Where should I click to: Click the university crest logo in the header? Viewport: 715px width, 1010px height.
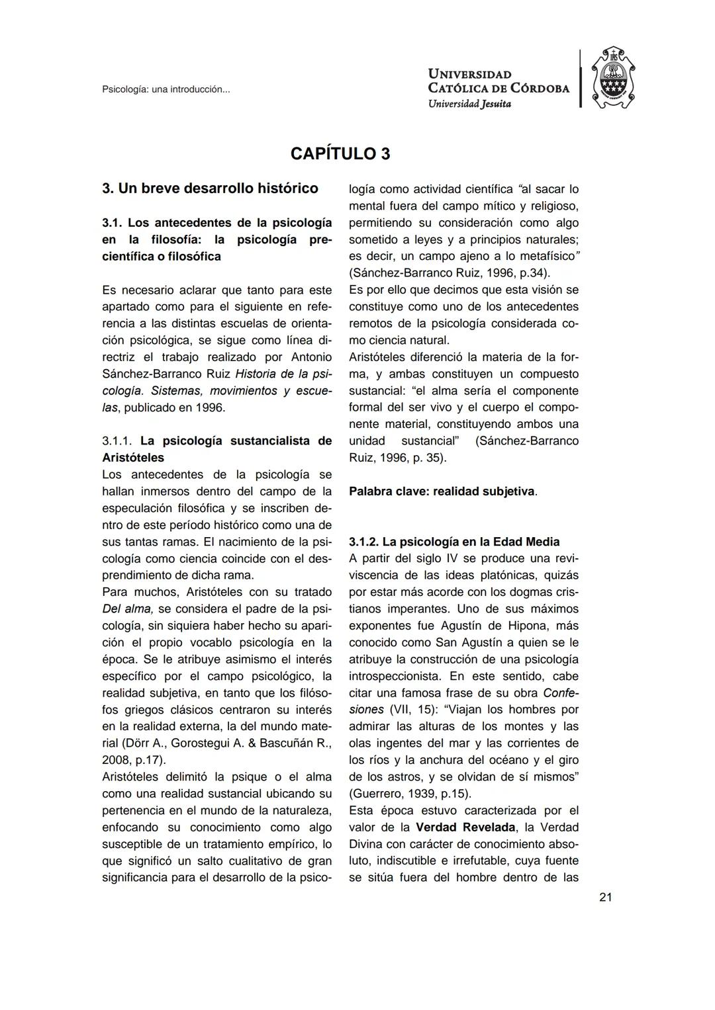pyautogui.click(x=612, y=79)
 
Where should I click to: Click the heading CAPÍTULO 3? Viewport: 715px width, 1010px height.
pyautogui.click(x=340, y=154)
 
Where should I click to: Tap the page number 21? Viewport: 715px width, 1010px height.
pyautogui.click(x=605, y=898)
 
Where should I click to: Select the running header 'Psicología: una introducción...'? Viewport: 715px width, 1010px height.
pyautogui.click(x=166, y=89)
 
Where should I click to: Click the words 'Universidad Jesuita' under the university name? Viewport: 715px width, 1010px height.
pyautogui.click(x=469, y=103)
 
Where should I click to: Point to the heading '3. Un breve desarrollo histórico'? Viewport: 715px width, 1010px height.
pyautogui.click(x=210, y=189)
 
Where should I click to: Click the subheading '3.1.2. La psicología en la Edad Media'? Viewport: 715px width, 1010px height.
pyautogui.click(x=454, y=542)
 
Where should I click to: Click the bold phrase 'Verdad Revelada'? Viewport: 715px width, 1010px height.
pyautogui.click(x=466, y=827)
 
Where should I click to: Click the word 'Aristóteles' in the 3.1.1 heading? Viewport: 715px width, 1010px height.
pyautogui.click(x=133, y=458)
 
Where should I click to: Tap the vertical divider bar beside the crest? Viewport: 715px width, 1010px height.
pyautogui.click(x=580, y=79)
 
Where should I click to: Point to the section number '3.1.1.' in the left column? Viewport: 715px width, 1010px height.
pyautogui.click(x=118, y=441)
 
